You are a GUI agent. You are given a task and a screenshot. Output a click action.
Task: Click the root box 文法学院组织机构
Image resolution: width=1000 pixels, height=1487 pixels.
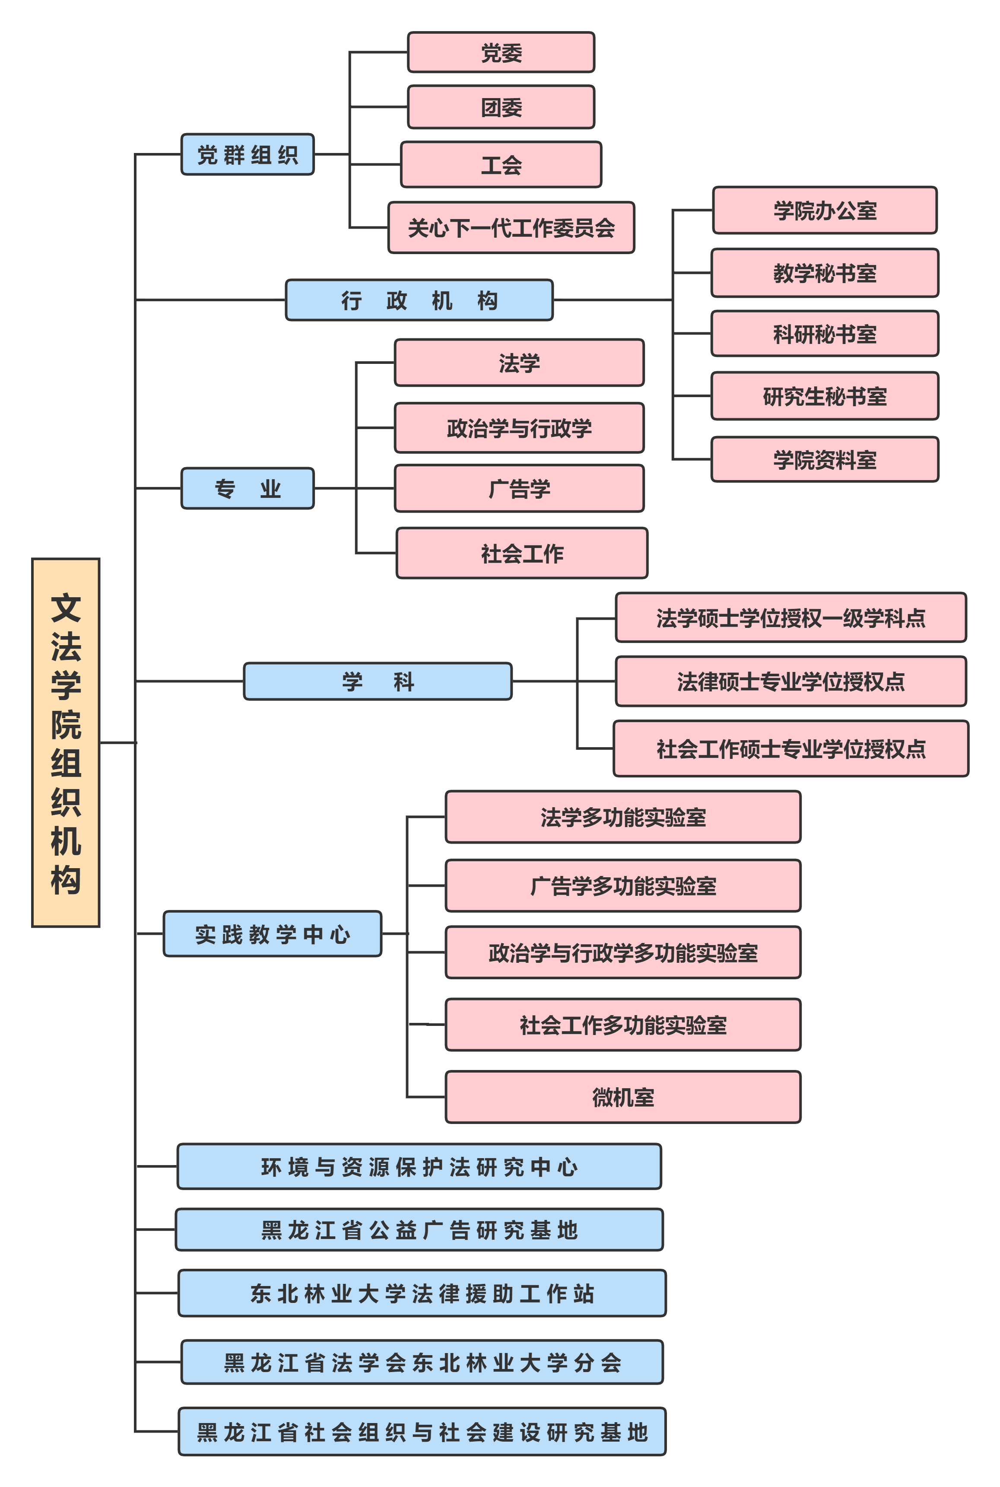pyautogui.click(x=66, y=742)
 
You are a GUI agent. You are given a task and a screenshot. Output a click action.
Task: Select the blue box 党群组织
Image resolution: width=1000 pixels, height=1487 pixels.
pyautogui.click(x=248, y=154)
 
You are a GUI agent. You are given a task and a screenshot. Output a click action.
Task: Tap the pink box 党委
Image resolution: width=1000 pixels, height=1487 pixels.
pyautogui.click(x=501, y=52)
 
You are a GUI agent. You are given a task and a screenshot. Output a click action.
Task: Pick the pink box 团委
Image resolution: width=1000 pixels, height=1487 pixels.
pyautogui.click(x=501, y=107)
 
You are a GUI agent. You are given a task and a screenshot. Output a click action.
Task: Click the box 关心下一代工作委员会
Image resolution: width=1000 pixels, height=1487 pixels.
pyautogui.click(x=511, y=228)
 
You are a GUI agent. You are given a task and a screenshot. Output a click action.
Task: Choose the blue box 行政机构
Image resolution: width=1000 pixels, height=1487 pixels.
pyautogui.click(x=419, y=300)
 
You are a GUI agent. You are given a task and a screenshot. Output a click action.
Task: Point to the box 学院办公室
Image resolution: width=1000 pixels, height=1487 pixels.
pyautogui.click(x=825, y=210)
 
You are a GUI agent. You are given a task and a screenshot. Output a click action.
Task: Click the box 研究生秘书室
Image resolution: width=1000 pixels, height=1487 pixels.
pyautogui.click(x=825, y=396)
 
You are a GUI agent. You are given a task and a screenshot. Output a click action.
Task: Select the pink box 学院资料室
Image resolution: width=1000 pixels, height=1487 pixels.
pyautogui.click(x=825, y=459)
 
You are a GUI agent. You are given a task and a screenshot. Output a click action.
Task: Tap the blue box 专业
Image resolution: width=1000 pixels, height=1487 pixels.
pyautogui.click(x=248, y=489)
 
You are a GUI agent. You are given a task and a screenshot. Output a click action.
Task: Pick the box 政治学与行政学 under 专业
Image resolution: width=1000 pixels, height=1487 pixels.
pyautogui.click(x=519, y=428)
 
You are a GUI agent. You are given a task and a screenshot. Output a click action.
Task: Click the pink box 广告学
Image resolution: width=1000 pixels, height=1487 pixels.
pyautogui.click(x=519, y=489)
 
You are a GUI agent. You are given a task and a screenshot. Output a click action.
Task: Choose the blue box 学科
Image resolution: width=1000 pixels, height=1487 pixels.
pyautogui.click(x=378, y=681)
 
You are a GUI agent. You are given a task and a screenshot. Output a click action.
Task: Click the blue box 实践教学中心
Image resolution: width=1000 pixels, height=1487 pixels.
pyautogui.click(x=272, y=934)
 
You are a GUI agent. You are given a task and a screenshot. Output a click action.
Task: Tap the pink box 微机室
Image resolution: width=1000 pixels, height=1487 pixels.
pyautogui.click(x=622, y=1097)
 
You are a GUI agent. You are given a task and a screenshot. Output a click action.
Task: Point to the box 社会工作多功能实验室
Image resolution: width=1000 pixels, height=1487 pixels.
pyautogui.click(x=622, y=1025)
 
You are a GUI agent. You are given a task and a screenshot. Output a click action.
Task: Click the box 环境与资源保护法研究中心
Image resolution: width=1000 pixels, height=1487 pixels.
pyautogui.click(x=419, y=1167)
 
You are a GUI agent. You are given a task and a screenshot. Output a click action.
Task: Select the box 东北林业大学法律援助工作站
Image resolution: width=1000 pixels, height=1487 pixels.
pyautogui.click(x=422, y=1293)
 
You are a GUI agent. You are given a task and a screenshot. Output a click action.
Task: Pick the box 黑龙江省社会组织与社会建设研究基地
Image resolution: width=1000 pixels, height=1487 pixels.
pyautogui.click(x=422, y=1432)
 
